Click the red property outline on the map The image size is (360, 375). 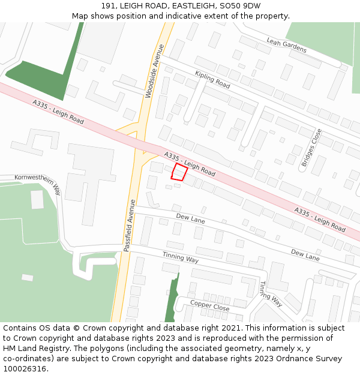pyautogui.click(x=179, y=172)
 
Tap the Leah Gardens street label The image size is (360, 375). pyautogui.click(x=287, y=44)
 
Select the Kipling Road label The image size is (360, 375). pyautogui.click(x=212, y=80)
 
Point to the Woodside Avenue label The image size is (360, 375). pyautogui.click(x=155, y=71)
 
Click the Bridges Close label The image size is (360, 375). pyautogui.click(x=311, y=148)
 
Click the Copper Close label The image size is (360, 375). pyautogui.click(x=210, y=305)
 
